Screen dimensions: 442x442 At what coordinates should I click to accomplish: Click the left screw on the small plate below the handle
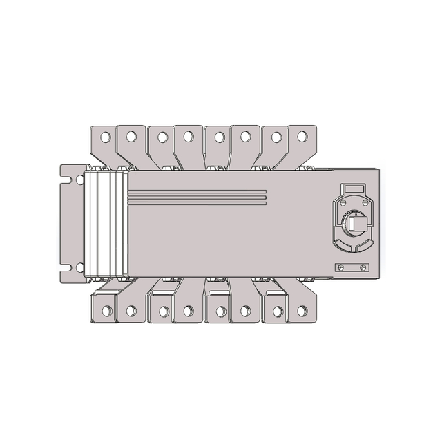point(340,268)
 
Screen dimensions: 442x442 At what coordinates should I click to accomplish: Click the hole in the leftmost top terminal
point(105,137)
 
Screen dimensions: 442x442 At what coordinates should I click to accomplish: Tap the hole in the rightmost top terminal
point(300,137)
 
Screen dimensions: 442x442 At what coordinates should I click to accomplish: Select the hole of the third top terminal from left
point(162,137)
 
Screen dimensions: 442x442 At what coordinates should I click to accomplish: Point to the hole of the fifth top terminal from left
point(219,137)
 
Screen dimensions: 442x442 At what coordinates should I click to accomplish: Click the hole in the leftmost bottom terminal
point(106,311)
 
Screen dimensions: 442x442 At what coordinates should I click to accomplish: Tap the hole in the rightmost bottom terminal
point(301,311)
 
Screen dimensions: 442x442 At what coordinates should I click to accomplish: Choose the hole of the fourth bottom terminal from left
point(187,311)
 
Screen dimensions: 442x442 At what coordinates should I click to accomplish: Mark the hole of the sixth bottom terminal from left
point(244,311)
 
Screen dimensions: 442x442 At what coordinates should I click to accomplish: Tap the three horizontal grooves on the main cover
point(197,197)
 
